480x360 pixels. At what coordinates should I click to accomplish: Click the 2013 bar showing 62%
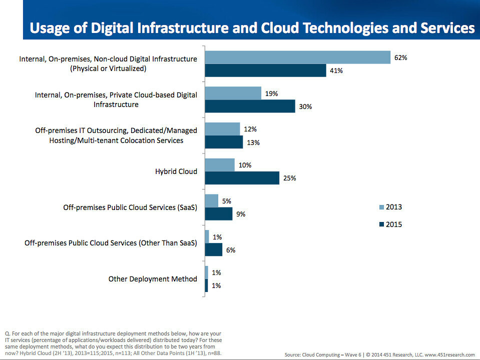pyautogui.click(x=298, y=57)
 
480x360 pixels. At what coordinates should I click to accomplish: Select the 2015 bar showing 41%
pyautogui.click(x=266, y=70)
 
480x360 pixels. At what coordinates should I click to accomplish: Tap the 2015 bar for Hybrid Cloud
pyautogui.click(x=242, y=178)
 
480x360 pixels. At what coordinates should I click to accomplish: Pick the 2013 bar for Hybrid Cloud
pyautogui.click(x=220, y=165)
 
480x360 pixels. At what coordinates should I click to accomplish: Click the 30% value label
pyautogui.click(x=306, y=106)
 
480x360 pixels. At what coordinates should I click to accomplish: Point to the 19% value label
pyautogui.click(x=271, y=93)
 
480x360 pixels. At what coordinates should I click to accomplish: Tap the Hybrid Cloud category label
pyautogui.click(x=176, y=171)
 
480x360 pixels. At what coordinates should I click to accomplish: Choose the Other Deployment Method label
pyautogui.click(x=153, y=279)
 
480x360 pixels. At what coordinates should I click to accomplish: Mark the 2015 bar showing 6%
pyautogui.click(x=214, y=249)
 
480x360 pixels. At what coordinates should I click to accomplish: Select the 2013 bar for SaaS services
pyautogui.click(x=212, y=201)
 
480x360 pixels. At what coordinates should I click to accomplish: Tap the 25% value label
pyautogui.click(x=290, y=178)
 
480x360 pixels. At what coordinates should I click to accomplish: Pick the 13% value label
pyautogui.click(x=253, y=142)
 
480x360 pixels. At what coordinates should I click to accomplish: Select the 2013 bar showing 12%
pyautogui.click(x=223, y=129)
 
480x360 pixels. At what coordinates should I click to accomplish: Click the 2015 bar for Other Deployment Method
pyautogui.click(x=206, y=285)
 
